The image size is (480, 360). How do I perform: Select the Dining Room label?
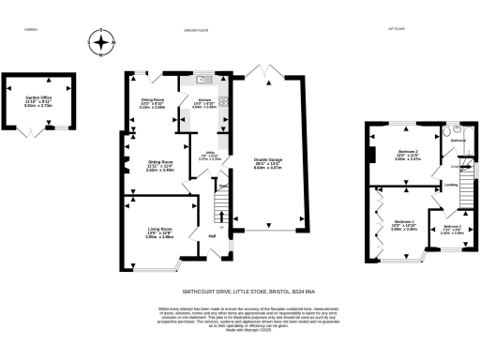(152, 104)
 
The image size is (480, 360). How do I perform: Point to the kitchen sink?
(201, 82)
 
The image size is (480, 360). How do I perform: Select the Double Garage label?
(267, 162)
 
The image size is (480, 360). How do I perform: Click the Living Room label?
(158, 232)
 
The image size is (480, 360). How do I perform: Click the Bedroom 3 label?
(452, 230)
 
